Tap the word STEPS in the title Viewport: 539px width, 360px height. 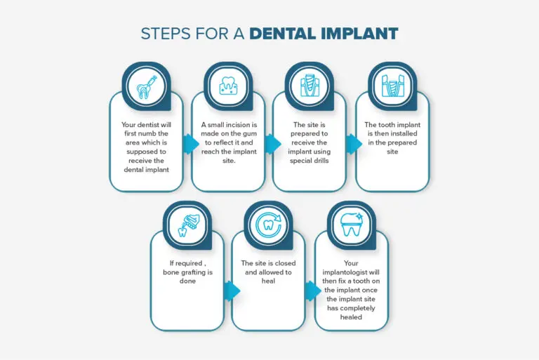[166, 34]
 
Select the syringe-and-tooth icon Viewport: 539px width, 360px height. [147, 87]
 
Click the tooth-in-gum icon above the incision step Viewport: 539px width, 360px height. [228, 86]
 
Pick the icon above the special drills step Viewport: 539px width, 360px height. [310, 86]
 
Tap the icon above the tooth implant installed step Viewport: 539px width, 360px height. [392, 86]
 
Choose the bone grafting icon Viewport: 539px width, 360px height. [187, 225]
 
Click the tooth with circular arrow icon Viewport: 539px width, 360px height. [269, 225]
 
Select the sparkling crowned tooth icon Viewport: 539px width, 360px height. [352, 224]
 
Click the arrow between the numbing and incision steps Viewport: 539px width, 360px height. [191, 144]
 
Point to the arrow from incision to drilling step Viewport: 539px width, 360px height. [273, 144]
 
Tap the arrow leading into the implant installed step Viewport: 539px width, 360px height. [354, 144]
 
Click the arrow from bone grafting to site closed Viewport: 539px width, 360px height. [232, 291]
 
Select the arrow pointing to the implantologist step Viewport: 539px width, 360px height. [313, 291]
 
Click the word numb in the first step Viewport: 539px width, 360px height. [147, 133]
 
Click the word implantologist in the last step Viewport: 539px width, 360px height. [351, 272]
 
